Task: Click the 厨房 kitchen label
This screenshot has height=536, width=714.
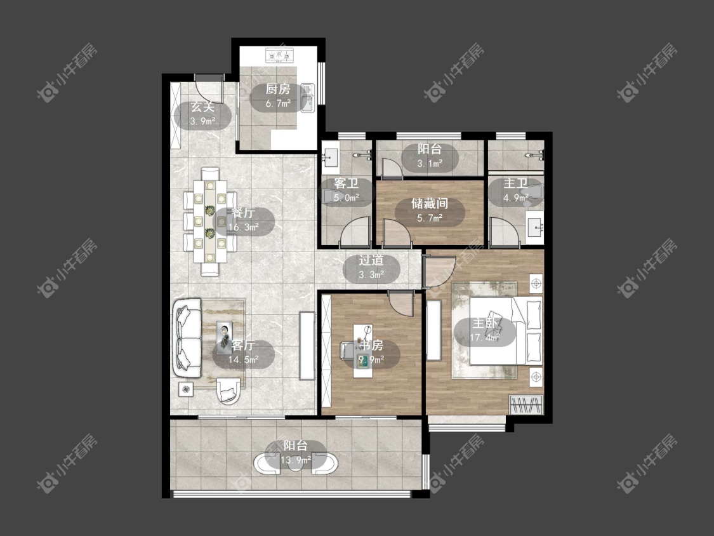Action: tap(278, 89)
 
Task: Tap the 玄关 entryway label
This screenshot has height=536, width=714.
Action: tap(202, 107)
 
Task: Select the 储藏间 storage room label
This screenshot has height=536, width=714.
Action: tap(430, 203)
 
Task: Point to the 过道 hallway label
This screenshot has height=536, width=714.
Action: tap(371, 261)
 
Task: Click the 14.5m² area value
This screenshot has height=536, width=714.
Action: tap(244, 359)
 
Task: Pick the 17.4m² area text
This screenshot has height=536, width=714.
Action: tap(485, 338)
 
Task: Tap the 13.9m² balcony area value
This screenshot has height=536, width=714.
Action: tap(296, 460)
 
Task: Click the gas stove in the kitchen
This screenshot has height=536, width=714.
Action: tap(279, 56)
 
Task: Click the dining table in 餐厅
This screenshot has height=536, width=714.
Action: tap(210, 222)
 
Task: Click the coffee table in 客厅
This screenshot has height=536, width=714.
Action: tap(224, 337)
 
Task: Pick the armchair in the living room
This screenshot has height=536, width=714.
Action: tap(228, 391)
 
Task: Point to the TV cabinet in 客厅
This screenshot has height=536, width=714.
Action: tap(307, 345)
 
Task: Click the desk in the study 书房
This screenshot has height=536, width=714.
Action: tap(364, 351)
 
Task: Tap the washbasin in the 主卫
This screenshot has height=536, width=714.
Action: tap(535, 226)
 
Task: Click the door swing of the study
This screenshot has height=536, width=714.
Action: tap(401, 303)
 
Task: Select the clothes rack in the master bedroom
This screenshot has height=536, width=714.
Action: tap(526, 405)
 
